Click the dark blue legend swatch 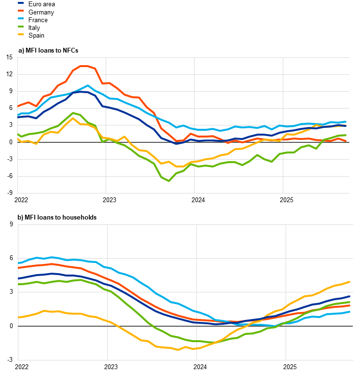coord(21,3)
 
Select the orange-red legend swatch coord(21,11)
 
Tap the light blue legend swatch coord(21,18)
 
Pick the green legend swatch coord(21,27)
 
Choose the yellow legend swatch coord(21,34)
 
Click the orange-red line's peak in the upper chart coord(84,66)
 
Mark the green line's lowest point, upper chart coord(169,181)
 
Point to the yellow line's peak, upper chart coord(73,118)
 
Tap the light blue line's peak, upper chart coord(88,86)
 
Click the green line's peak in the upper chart coord(73,113)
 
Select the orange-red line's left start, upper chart coord(18,106)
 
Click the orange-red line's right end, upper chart coord(346,141)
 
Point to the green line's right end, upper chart coord(346,135)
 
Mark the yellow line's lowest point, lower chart coord(178,349)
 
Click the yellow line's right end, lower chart coord(349,282)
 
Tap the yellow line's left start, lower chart coord(18,317)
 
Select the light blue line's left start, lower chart coord(18,263)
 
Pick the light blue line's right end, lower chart coord(349,312)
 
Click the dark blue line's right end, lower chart coord(349,296)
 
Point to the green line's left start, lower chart coord(18,284)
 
